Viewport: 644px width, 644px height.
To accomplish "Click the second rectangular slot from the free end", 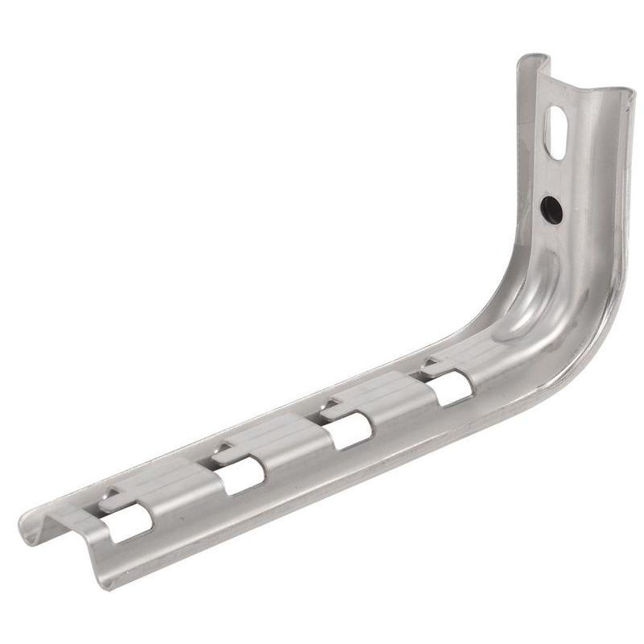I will pos(241,476).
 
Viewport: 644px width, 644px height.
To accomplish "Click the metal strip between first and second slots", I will pos(181,491).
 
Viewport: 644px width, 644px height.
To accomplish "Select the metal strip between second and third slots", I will pos(294,447).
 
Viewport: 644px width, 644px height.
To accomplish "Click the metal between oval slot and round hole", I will pos(554,173).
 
